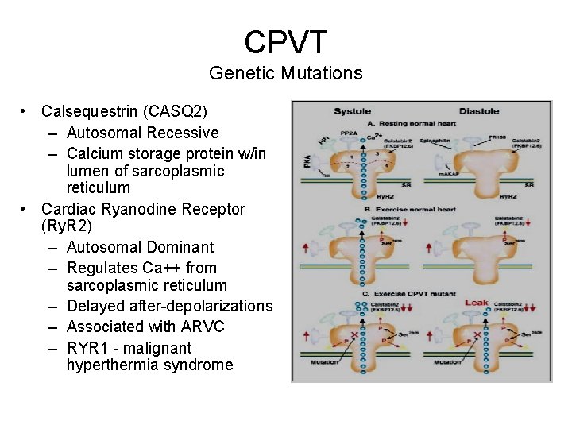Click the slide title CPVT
coord(285,41)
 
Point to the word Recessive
coord(181,133)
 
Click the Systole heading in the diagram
coord(351,112)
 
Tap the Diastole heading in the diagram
coord(479,112)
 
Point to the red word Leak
coord(476,303)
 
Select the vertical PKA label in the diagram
coord(305,164)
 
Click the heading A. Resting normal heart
coord(412,124)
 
